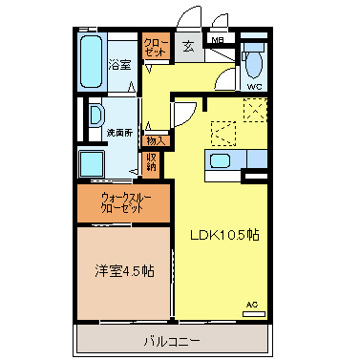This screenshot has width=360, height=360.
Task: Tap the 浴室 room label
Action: click(x=119, y=65)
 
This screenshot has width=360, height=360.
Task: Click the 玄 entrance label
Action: click(x=188, y=45)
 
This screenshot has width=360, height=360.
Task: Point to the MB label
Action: click(x=218, y=40)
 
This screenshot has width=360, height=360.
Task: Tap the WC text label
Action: click(x=255, y=87)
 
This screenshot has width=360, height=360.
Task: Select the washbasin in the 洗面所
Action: click(x=95, y=116)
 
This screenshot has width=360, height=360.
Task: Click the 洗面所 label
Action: click(x=118, y=133)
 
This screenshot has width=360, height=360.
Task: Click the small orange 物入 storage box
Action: click(x=154, y=140)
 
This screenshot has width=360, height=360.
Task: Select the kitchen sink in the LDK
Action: click(x=219, y=160)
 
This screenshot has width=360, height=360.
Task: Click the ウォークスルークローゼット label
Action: click(x=123, y=201)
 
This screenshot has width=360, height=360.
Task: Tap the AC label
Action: click(x=253, y=304)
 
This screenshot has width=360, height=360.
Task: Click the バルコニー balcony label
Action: click(x=173, y=340)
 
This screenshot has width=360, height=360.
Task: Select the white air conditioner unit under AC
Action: click(x=253, y=313)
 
